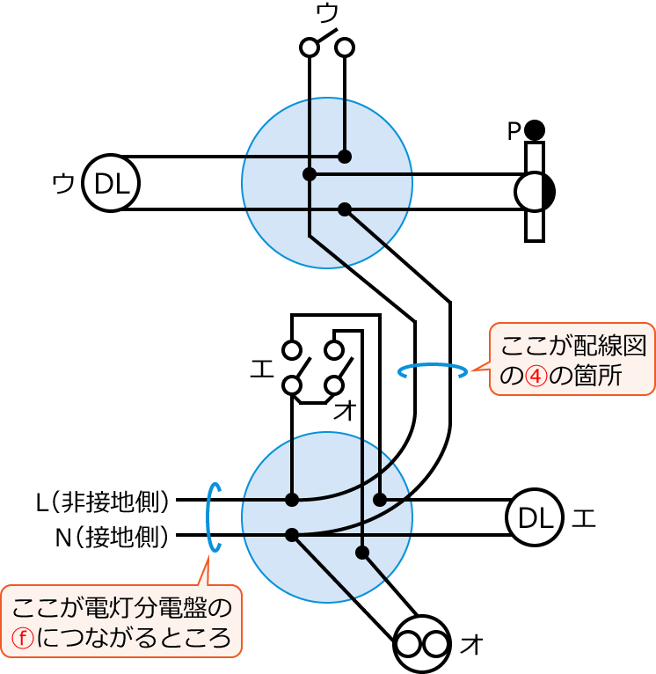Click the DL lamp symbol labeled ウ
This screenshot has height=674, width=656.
point(111,183)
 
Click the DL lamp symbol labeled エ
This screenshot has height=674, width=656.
point(535,517)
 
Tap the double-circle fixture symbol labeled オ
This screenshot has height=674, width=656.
point(422,644)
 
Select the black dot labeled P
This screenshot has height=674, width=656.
point(535,130)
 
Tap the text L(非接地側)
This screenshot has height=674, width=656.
point(102,502)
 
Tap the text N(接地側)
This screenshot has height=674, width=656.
point(112,536)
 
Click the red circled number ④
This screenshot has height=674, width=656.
point(536,376)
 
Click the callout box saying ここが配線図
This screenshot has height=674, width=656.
point(572,359)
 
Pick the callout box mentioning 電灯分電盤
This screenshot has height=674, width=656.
point(121,621)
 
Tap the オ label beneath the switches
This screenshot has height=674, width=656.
point(345,409)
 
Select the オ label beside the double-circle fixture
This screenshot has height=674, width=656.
point(472,645)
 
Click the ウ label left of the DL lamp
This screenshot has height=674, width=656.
point(63,184)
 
